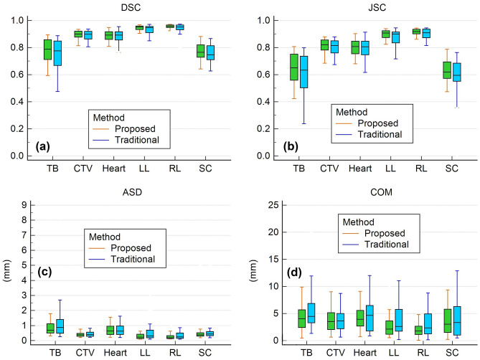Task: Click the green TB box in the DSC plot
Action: point(48,49)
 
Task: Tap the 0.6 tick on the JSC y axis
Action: point(263,75)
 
